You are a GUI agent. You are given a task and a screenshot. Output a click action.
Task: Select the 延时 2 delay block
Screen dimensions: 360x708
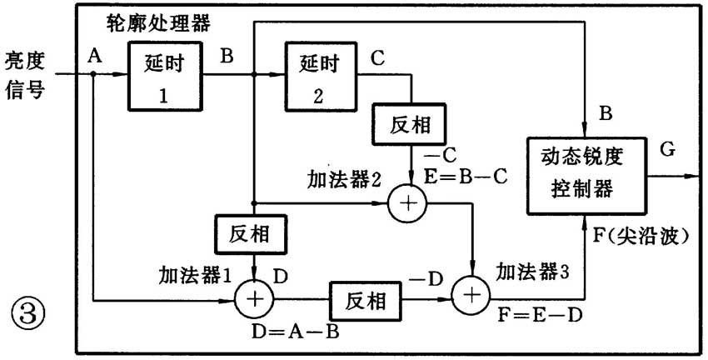(x=317, y=77)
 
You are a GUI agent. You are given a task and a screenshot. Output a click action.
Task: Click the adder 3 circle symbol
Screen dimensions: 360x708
(x=471, y=295)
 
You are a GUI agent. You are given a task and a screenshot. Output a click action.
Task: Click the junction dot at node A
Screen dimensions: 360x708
(x=94, y=73)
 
